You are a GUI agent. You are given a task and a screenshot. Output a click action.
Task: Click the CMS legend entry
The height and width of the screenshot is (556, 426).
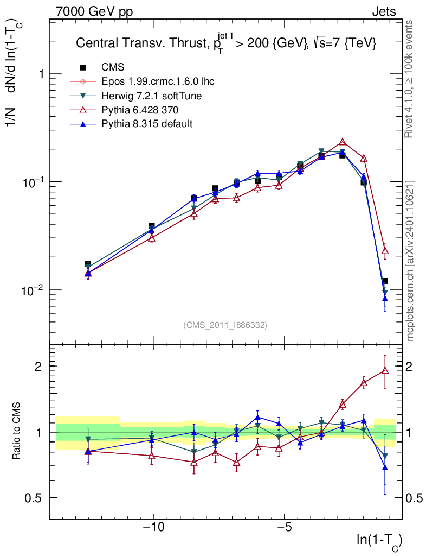pyautogui.click(x=113, y=67)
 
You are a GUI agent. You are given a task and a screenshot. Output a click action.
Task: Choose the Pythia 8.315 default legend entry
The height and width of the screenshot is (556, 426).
pyautogui.click(x=147, y=124)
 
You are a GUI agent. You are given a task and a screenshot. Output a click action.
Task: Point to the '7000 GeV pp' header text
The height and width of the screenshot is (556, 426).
pyautogui.click(x=94, y=11)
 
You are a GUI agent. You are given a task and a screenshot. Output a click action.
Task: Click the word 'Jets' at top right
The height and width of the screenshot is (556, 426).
pyautogui.click(x=383, y=11)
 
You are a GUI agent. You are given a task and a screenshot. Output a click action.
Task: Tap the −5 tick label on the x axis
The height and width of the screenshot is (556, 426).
pyautogui.click(x=285, y=528)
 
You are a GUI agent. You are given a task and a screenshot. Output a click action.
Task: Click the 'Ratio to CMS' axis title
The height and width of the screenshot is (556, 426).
pyautogui.click(x=17, y=432)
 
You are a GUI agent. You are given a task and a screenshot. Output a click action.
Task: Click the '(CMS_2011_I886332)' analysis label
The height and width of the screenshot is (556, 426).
pyautogui.click(x=225, y=325)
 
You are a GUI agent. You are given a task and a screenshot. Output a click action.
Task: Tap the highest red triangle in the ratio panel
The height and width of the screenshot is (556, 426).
pyautogui.click(x=385, y=371)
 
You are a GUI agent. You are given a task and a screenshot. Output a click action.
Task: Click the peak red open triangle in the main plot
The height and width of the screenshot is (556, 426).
pyautogui.click(x=343, y=142)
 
